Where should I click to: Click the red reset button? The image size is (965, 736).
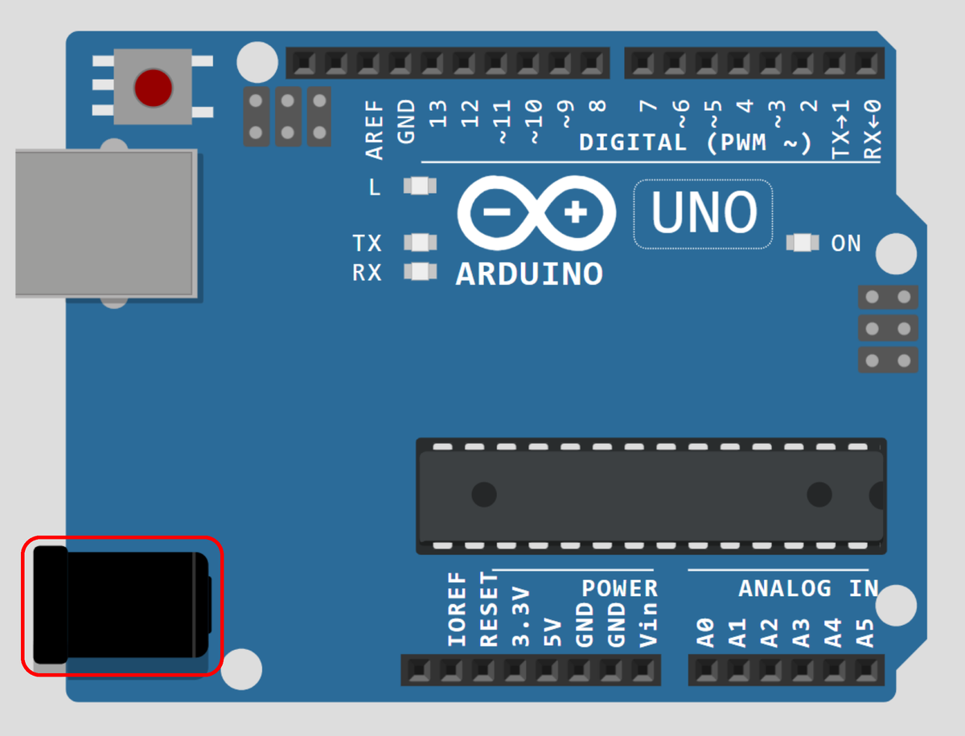point(153,86)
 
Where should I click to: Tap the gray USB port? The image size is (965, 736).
point(105,224)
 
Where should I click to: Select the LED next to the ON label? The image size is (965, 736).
point(803,242)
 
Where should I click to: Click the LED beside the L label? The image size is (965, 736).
point(420,187)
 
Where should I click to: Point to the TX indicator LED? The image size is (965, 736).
point(420,242)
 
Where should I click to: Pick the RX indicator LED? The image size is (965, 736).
point(420,272)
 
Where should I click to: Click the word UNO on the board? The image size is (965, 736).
point(704,213)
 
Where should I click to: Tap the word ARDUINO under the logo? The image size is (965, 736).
point(529,274)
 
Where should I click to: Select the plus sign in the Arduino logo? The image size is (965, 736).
point(576,213)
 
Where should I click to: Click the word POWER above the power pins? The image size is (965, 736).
point(619,588)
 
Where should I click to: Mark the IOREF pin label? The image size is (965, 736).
point(458,610)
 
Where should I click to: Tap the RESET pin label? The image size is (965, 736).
point(489,610)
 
